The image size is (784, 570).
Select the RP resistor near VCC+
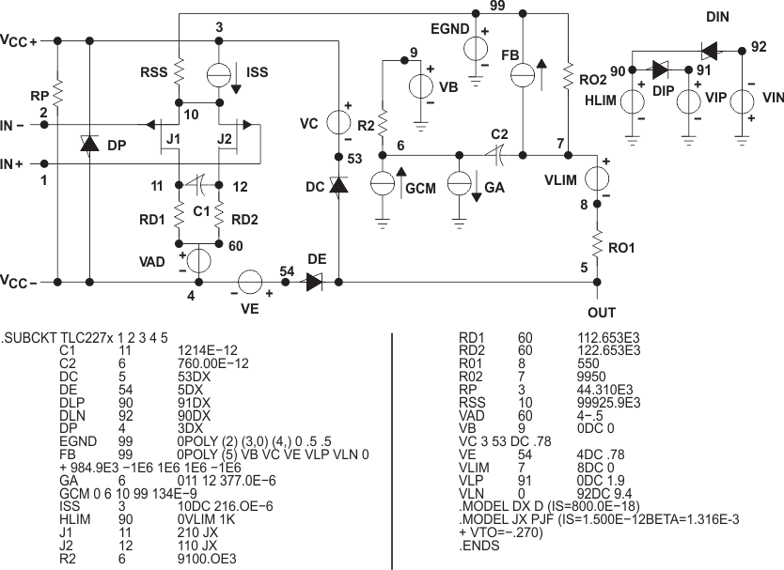click(58, 91)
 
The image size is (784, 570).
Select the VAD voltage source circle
click(198, 259)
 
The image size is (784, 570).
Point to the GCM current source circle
click(383, 182)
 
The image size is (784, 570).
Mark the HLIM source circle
click(633, 100)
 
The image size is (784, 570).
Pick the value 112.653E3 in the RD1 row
click(608, 337)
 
